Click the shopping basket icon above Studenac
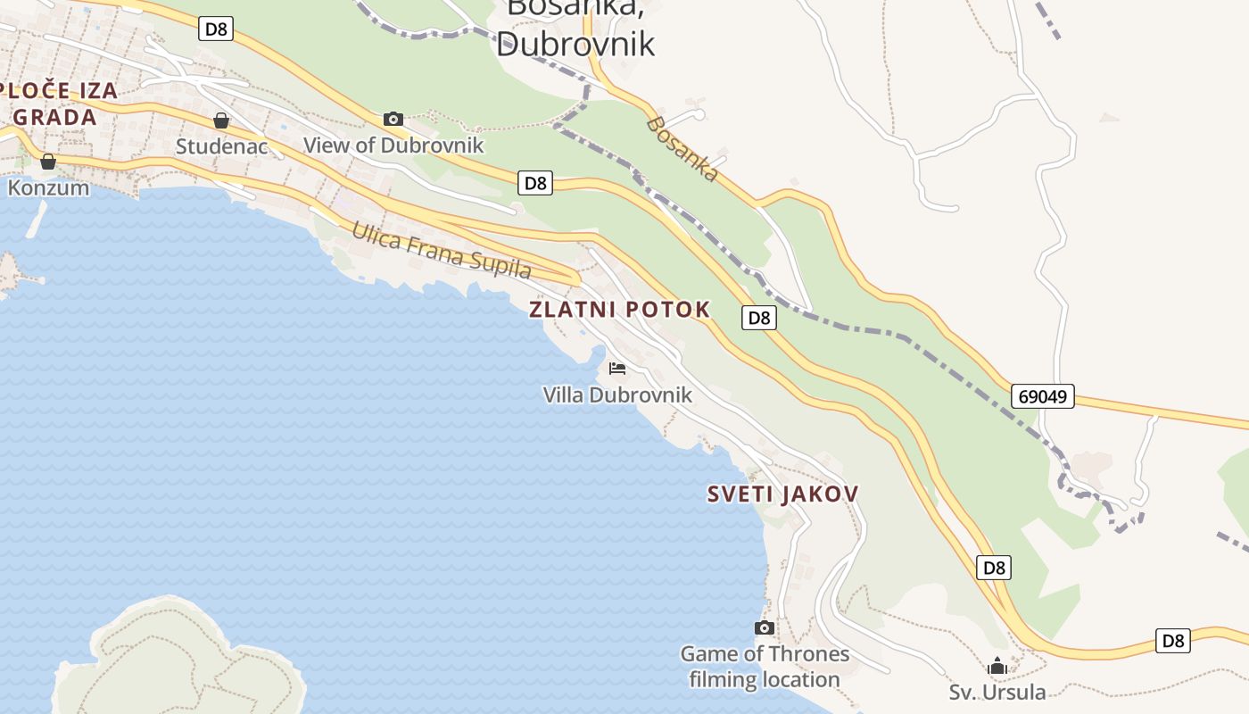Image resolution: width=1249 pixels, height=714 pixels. (221, 120)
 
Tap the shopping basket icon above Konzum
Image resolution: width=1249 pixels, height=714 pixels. (48, 162)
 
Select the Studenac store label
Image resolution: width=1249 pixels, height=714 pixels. (221, 146)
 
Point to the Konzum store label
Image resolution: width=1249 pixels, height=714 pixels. (48, 187)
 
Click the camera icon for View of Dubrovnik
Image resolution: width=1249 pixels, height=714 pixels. (393, 119)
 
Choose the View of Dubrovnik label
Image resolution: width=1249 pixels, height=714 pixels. (393, 145)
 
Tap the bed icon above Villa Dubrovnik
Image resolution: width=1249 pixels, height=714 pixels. (617, 368)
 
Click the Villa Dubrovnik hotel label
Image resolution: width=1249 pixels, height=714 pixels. (617, 394)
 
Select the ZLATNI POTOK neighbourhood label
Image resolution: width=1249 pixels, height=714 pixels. (619, 310)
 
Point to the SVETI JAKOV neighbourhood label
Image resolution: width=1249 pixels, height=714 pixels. (782, 494)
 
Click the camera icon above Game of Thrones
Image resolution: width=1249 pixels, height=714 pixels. (765, 627)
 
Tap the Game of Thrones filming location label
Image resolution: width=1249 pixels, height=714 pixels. (765, 667)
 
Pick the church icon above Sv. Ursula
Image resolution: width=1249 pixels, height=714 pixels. (997, 666)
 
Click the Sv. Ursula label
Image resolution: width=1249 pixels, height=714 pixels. (997, 692)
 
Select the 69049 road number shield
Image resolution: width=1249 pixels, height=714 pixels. (1043, 396)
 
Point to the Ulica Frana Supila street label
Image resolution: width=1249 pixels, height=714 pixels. (442, 251)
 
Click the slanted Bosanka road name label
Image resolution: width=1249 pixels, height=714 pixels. (682, 149)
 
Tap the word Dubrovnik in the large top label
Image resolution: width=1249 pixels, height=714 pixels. (575, 43)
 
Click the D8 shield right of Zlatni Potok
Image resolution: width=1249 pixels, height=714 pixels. (758, 318)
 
